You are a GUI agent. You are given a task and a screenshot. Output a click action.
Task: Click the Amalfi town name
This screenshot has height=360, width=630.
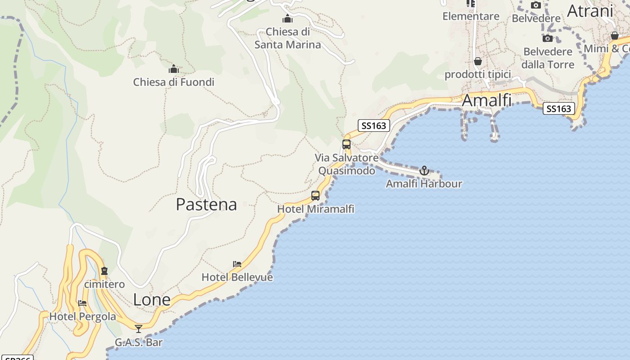pyautogui.click(x=487, y=100)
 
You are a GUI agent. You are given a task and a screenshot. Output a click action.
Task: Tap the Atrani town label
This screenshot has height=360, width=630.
pyautogui.click(x=590, y=11)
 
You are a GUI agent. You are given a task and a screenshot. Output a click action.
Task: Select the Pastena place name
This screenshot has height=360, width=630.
pyautogui.click(x=206, y=204)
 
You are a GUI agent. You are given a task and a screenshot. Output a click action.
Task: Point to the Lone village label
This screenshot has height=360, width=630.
pyautogui.click(x=152, y=300)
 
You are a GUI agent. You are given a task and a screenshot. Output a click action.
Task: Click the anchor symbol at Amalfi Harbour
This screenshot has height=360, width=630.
pyautogui.click(x=424, y=171)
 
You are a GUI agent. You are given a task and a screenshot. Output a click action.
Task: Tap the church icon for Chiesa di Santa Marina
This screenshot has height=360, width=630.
pyautogui.click(x=288, y=19)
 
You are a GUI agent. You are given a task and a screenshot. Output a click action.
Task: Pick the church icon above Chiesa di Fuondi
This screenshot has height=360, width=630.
pyautogui.click(x=174, y=69)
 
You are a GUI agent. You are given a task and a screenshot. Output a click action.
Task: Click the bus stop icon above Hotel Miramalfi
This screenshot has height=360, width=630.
pyautogui.click(x=315, y=196)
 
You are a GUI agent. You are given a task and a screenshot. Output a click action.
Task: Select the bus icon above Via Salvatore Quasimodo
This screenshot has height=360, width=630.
pyautogui.click(x=346, y=144)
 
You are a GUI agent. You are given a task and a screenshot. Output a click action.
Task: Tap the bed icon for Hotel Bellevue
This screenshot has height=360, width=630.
pyautogui.click(x=237, y=264)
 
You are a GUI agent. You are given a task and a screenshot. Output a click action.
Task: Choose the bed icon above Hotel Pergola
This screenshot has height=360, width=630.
pyautogui.click(x=82, y=303)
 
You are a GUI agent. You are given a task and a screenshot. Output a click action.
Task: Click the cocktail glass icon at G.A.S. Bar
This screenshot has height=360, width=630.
pyautogui.click(x=139, y=329)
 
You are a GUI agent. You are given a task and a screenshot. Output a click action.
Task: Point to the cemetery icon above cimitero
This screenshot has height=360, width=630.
pyautogui.click(x=104, y=271)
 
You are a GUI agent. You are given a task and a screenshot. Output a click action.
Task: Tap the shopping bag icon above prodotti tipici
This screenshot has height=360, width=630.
pyautogui.click(x=478, y=61)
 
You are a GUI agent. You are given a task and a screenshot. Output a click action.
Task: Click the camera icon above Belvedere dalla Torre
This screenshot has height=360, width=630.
pyautogui.click(x=548, y=39)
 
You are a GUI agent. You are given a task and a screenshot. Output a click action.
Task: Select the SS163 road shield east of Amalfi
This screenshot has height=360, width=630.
pyautogui.click(x=558, y=108)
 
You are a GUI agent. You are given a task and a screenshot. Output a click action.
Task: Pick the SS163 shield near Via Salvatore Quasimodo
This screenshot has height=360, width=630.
pyautogui.click(x=374, y=126)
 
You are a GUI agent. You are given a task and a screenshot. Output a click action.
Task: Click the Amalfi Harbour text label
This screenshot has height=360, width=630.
pyautogui.click(x=424, y=184)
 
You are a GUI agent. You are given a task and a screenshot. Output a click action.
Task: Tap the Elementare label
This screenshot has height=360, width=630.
pyautogui.click(x=471, y=16)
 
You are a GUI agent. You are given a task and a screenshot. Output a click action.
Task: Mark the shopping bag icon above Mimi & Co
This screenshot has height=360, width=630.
pyautogui.click(x=615, y=36)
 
